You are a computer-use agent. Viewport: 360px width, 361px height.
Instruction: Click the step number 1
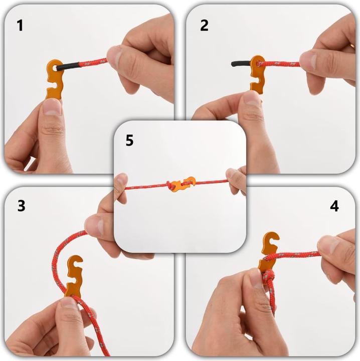click(20, 25)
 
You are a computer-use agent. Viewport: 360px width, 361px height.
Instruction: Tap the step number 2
click(204, 25)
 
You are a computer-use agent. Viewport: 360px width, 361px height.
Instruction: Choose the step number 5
click(129, 141)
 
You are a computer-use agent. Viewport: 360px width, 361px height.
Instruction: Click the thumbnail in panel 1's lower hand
click(52, 108)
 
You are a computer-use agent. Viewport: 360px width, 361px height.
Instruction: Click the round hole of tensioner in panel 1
click(54, 66)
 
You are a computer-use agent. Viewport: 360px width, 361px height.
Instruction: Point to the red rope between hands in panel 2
click(283, 64)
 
